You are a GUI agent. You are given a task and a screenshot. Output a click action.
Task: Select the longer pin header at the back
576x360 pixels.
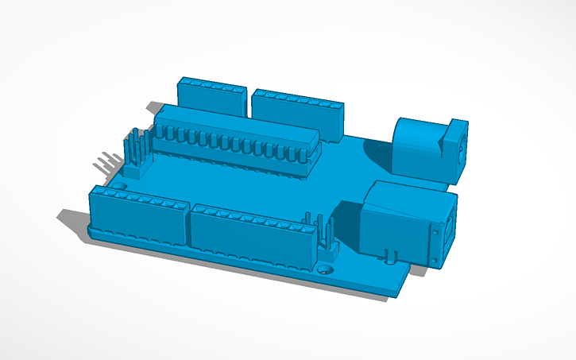(298, 112)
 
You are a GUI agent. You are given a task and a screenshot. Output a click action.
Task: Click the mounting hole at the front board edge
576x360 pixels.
(325, 269)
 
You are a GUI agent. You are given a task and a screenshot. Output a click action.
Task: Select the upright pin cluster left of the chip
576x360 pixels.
(136, 151)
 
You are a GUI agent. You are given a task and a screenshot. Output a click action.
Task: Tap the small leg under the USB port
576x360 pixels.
(392, 257)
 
